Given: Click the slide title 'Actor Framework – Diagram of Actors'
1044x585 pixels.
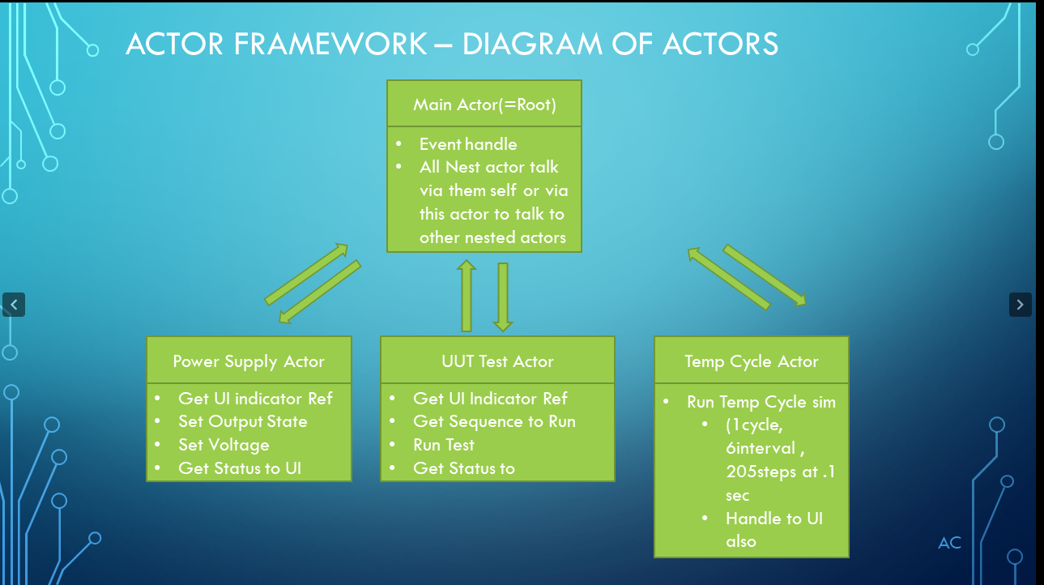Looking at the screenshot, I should pyautogui.click(x=451, y=44).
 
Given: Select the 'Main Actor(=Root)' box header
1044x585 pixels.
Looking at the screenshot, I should pyautogui.click(x=484, y=105).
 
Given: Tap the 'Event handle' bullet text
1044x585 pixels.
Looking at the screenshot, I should pyautogui.click(x=467, y=144).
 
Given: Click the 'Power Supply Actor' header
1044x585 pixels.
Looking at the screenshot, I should pyautogui.click(x=249, y=361).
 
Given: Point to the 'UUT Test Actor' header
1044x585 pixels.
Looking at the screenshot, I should pyautogui.click(x=497, y=361).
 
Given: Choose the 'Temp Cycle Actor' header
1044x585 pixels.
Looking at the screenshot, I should pyautogui.click(x=751, y=361).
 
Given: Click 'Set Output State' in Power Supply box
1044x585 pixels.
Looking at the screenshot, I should pyautogui.click(x=242, y=421).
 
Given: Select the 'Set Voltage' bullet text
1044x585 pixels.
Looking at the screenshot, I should pyautogui.click(x=224, y=445).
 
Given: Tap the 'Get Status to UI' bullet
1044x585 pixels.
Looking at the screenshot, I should pyautogui.click(x=240, y=468).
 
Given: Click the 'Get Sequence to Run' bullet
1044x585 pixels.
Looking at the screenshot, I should pyautogui.click(x=494, y=421).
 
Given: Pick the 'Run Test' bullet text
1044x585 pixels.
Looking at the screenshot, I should pyautogui.click(x=444, y=445).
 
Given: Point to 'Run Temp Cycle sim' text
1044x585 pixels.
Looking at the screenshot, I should pyautogui.click(x=761, y=402).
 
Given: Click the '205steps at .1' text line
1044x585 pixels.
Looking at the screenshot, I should pyautogui.click(x=780, y=472).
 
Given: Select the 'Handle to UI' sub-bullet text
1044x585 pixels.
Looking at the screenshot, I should pyautogui.click(x=773, y=519).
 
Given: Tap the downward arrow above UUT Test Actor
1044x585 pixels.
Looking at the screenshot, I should pyautogui.click(x=503, y=297).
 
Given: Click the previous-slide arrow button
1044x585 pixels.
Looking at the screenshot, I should pyautogui.click(x=14, y=305).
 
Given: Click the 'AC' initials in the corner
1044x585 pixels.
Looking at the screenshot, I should pyautogui.click(x=949, y=543).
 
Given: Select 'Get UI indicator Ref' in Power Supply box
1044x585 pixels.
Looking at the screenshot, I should pyautogui.click(x=255, y=399).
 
